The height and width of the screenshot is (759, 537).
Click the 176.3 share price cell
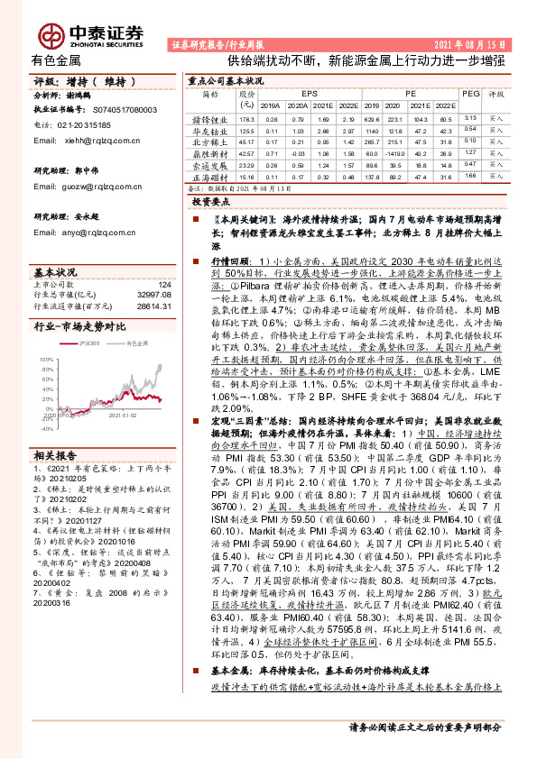coord(246,118)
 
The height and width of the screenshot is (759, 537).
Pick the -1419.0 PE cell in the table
coord(373,153)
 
